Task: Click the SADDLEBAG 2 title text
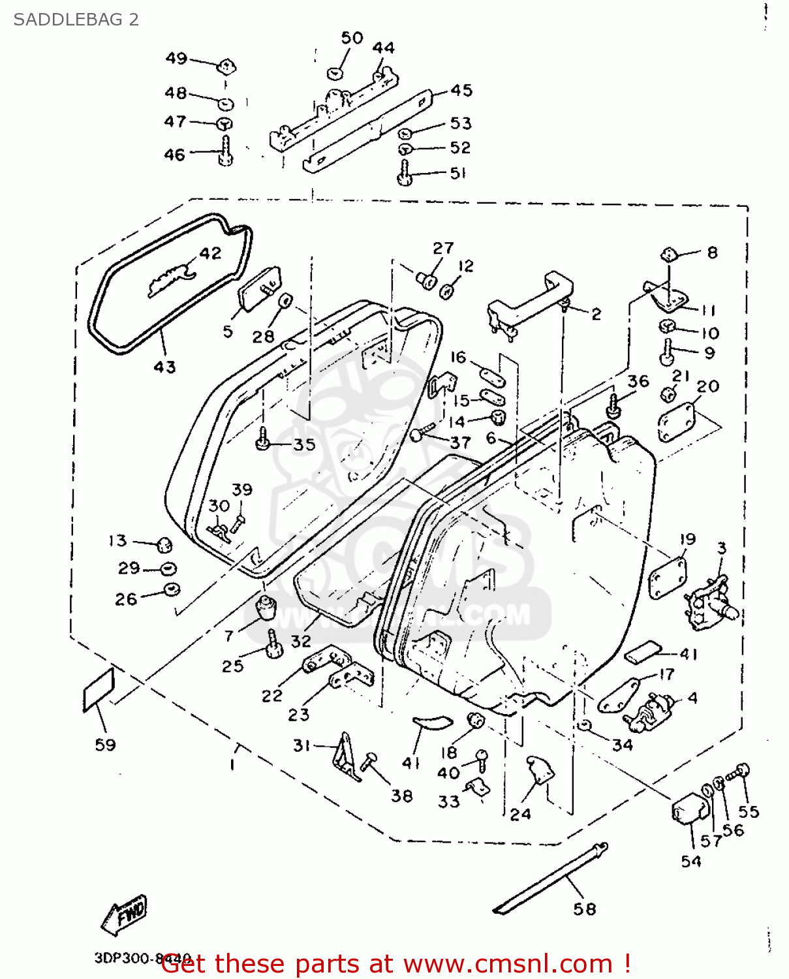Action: point(76,20)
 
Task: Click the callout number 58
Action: point(585,909)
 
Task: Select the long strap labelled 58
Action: point(551,878)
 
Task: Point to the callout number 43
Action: point(164,367)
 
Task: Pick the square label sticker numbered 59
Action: point(99,690)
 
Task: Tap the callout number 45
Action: point(461,90)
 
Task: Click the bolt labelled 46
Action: point(226,151)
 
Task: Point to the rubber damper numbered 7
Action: point(266,608)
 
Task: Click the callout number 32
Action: point(301,641)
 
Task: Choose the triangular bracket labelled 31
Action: point(346,757)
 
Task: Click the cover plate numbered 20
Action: point(677,422)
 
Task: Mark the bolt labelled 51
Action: point(404,174)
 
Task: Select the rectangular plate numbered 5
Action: point(259,287)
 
